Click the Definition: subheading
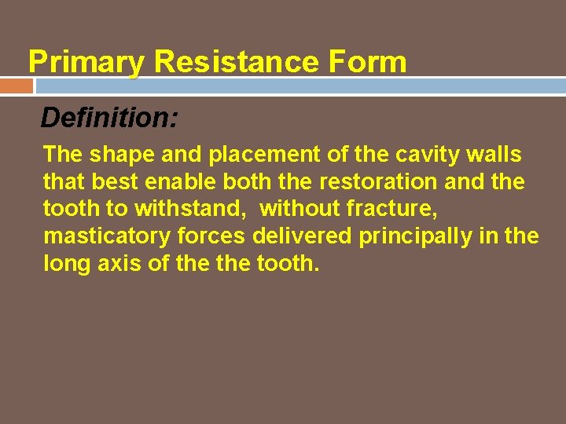tap(109, 119)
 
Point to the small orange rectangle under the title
tap(16, 85)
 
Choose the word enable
tap(182, 182)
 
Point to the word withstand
tap(193, 210)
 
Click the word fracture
tap(391, 210)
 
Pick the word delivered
tap(303, 236)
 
